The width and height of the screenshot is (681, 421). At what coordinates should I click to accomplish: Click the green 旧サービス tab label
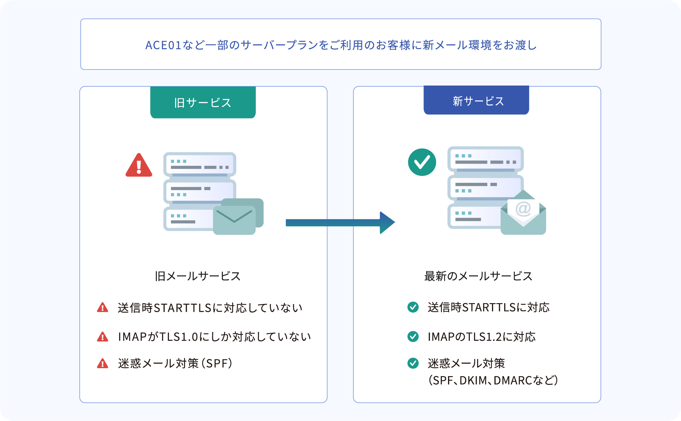(x=203, y=102)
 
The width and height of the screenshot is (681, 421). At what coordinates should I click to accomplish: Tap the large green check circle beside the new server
(x=422, y=162)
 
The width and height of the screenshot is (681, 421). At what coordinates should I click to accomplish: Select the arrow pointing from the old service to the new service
(x=340, y=223)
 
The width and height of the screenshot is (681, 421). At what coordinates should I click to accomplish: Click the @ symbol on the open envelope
(x=523, y=209)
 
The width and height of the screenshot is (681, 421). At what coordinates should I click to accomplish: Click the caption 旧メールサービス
(x=198, y=276)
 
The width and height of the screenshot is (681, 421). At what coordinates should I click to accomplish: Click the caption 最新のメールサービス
(x=478, y=276)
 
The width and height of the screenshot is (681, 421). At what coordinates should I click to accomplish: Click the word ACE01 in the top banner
(x=163, y=45)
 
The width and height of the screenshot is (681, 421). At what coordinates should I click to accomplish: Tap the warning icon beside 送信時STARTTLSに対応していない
(x=102, y=308)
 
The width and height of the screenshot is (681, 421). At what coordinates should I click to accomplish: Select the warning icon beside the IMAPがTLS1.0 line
(x=102, y=337)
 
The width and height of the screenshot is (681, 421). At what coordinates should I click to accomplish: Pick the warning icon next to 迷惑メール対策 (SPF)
(x=102, y=363)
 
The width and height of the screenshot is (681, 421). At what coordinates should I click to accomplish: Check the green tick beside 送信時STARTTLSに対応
(x=413, y=307)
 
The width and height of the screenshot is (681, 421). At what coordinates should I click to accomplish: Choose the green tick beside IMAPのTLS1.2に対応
(x=413, y=337)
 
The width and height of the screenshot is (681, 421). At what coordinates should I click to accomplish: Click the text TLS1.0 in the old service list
(x=178, y=337)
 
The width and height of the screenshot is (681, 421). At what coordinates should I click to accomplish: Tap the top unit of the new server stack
(x=485, y=159)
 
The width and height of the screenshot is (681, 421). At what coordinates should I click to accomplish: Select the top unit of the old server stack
(x=200, y=164)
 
